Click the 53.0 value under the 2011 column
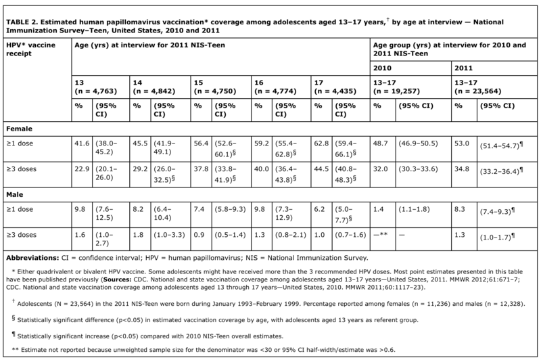click(x=463, y=143)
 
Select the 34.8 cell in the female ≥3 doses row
click(x=463, y=168)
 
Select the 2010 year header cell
click(x=383, y=67)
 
